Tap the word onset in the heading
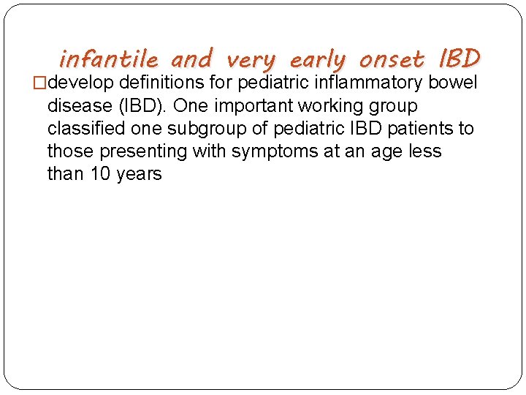tap(391, 58)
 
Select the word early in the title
tap(318, 59)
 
